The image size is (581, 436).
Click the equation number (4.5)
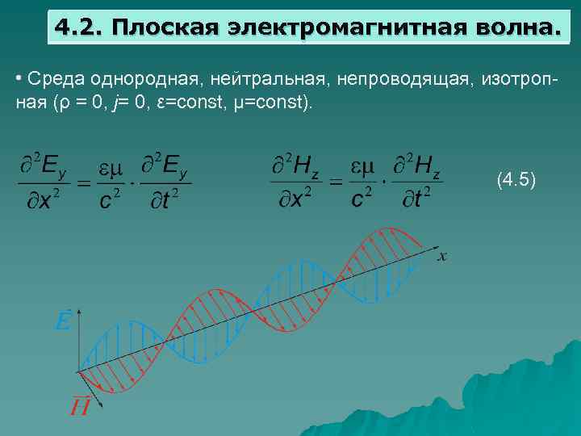point(516,179)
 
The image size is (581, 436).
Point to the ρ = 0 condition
point(85,105)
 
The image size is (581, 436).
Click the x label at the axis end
point(443,257)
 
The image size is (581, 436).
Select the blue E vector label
point(62,321)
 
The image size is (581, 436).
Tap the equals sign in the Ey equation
point(83,183)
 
